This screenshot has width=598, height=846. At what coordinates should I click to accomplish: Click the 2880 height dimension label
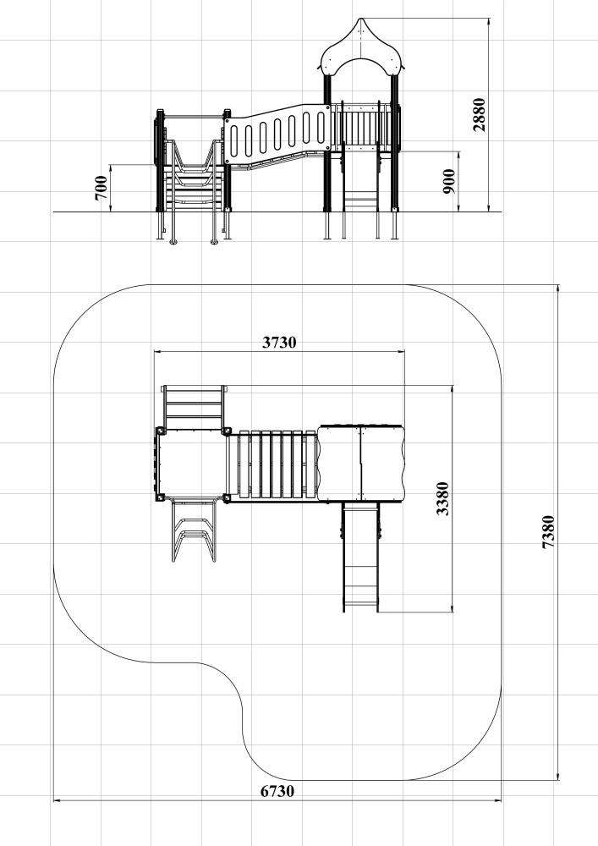click(479, 114)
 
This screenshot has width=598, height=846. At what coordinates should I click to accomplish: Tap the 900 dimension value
click(448, 181)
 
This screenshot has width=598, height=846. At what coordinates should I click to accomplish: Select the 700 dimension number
click(101, 188)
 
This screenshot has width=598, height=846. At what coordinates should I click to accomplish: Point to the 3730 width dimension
click(279, 342)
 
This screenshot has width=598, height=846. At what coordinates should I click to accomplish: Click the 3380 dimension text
click(442, 498)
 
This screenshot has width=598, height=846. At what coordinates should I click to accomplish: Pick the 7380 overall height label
click(548, 532)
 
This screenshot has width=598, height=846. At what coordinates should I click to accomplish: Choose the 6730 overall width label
click(277, 791)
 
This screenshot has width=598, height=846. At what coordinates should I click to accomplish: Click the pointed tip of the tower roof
click(360, 19)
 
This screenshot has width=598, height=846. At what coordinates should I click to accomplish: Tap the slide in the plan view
click(360, 557)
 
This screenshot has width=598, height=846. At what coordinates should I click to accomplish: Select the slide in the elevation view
click(360, 178)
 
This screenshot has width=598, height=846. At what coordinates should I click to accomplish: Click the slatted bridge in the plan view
click(272, 464)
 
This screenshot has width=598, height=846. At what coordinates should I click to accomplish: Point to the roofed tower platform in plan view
click(360, 464)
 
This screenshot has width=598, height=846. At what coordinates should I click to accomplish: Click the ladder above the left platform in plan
click(194, 407)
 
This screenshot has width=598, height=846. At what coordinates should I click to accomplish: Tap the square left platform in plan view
click(191, 464)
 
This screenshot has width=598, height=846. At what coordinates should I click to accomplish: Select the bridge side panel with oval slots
click(277, 134)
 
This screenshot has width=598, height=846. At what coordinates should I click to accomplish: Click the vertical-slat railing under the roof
click(361, 125)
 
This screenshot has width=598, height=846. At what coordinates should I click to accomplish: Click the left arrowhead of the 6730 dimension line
click(56, 800)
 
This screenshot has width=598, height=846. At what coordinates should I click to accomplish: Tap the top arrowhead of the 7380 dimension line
click(558, 288)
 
